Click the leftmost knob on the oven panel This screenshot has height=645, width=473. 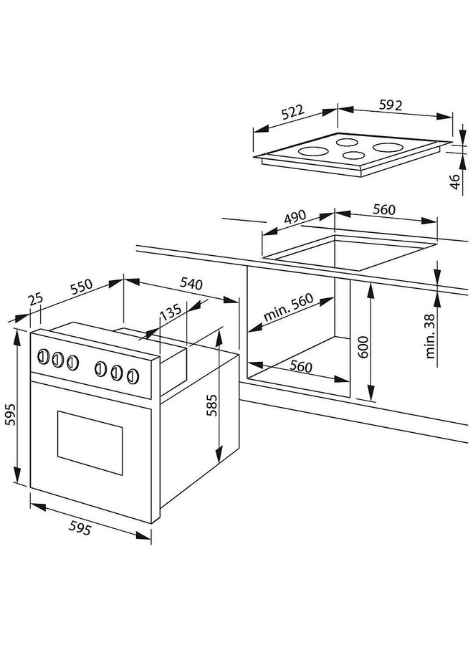click(x=43, y=356)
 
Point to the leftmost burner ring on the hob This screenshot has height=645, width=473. click(x=311, y=151)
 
